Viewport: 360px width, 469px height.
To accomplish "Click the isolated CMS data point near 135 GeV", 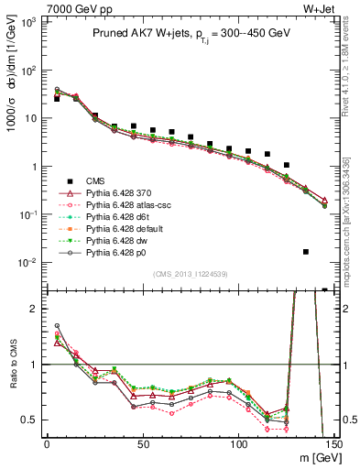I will click(306, 252).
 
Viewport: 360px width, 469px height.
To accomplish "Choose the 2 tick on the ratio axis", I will click(33, 309).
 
